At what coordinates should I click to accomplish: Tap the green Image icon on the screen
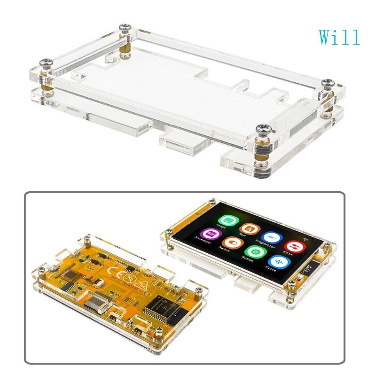227,219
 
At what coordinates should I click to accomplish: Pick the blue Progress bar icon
272,238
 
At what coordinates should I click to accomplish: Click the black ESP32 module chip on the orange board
159,306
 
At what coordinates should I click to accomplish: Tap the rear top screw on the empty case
125,28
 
